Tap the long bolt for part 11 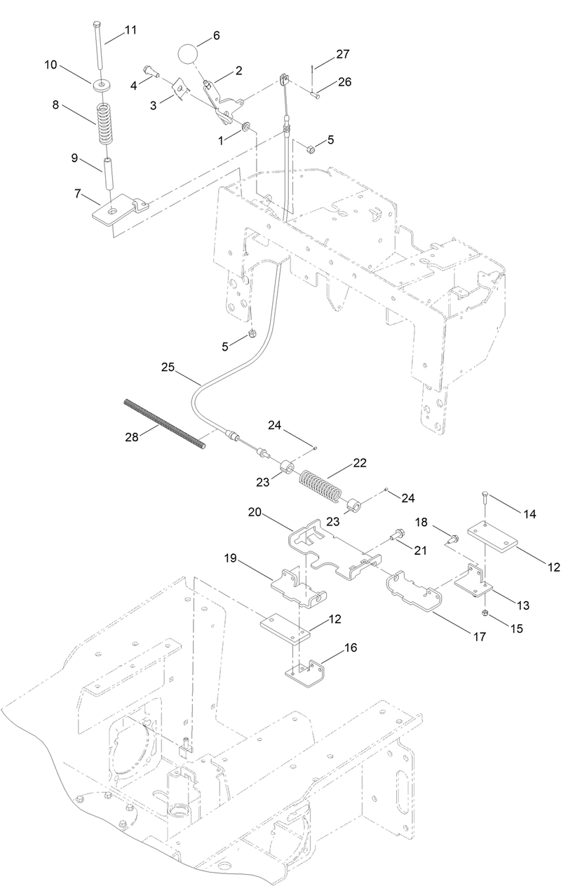point(97,46)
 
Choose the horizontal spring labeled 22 point(320,485)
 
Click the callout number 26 point(345,81)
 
